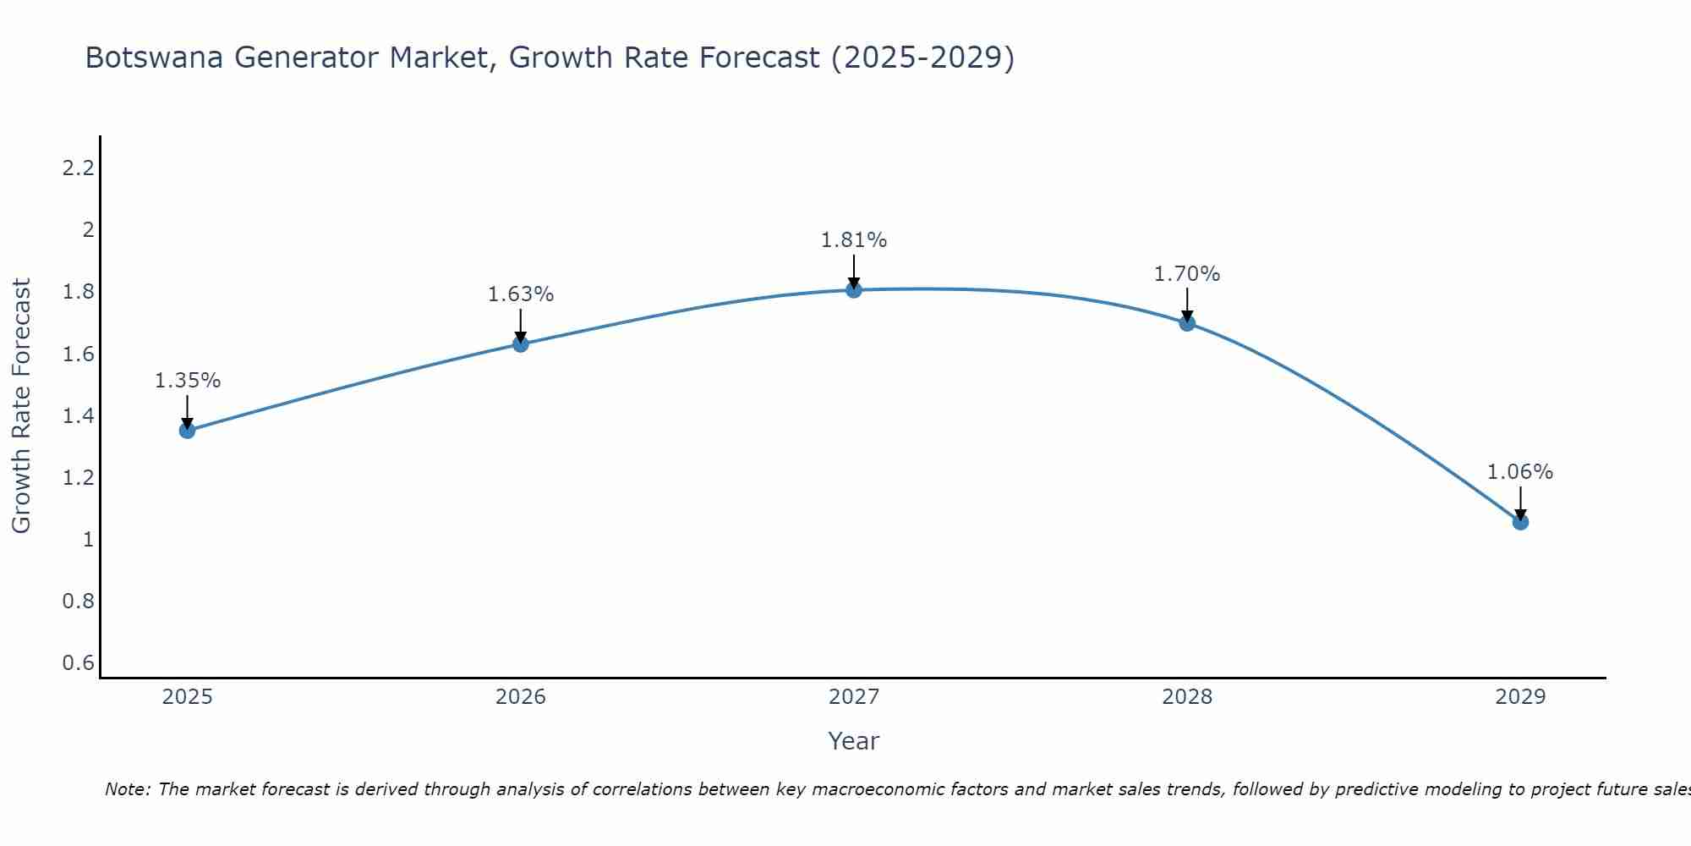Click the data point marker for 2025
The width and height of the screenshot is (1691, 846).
(187, 431)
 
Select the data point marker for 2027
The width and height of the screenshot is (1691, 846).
(854, 290)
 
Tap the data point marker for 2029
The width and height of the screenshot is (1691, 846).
(1520, 522)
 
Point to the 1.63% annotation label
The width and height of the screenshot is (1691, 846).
(521, 294)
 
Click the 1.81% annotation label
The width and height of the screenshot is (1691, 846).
(854, 240)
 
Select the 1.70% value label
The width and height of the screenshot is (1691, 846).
(1187, 274)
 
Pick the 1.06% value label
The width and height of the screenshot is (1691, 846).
(1520, 472)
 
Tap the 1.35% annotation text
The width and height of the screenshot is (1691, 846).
(188, 381)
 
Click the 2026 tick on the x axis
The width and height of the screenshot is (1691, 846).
(521, 697)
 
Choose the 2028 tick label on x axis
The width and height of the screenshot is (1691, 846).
(1187, 697)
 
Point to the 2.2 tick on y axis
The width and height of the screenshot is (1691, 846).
(78, 168)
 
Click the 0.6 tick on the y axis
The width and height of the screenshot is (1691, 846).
(78, 662)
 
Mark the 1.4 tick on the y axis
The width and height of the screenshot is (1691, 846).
(78, 415)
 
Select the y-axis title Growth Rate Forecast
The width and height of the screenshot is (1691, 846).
(21, 406)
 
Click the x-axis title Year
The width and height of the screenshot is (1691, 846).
(854, 741)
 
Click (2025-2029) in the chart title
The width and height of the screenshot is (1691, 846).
(922, 58)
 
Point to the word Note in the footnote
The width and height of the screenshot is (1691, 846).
(127, 789)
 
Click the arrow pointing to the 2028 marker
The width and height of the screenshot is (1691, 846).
(1187, 305)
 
